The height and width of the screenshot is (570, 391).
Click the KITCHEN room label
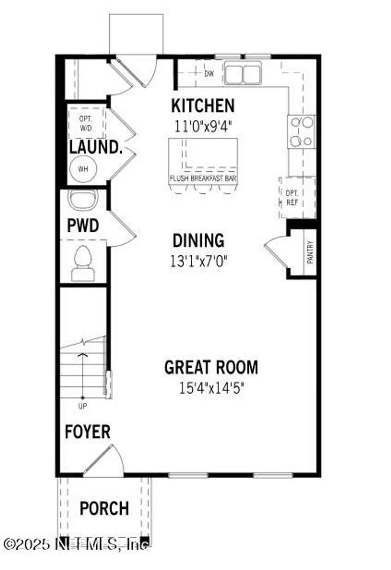pyautogui.click(x=203, y=106)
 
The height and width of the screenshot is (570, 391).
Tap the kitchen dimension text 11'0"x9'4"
pyautogui.click(x=203, y=126)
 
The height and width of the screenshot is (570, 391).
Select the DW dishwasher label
pyautogui.click(x=209, y=74)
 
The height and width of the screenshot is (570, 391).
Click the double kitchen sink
pyautogui.click(x=243, y=73)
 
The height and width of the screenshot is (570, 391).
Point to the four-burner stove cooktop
pyautogui.click(x=301, y=132)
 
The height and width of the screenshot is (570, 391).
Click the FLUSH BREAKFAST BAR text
pyautogui.click(x=203, y=178)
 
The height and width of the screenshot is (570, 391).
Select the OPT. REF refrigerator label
pyautogui.click(x=292, y=198)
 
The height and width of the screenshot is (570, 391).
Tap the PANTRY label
pyautogui.click(x=310, y=252)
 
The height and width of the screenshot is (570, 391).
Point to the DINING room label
pyautogui.click(x=198, y=241)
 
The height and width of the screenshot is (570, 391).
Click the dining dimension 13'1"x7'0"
pyautogui.click(x=198, y=261)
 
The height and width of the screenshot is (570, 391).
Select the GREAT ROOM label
pyautogui.click(x=211, y=367)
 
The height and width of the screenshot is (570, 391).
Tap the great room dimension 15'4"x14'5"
pyautogui.click(x=211, y=388)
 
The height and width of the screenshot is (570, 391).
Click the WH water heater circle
pyautogui.click(x=83, y=169)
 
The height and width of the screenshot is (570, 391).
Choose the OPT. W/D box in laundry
pyautogui.click(x=86, y=123)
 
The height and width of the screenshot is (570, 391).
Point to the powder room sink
pyautogui.click(x=83, y=198)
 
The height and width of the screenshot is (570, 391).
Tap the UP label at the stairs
pyautogui.click(x=82, y=406)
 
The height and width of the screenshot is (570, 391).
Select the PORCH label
pyautogui.click(x=104, y=508)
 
